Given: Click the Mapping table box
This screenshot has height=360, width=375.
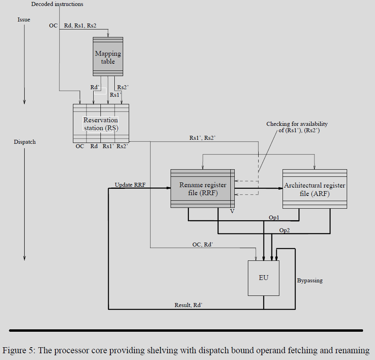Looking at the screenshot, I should [x=108, y=57].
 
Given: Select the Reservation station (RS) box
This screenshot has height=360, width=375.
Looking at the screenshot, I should [x=101, y=123].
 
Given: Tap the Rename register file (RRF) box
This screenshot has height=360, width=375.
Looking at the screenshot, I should [x=202, y=188].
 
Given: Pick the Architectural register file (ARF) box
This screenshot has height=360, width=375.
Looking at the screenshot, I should [x=314, y=189].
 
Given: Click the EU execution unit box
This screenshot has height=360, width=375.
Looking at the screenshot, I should [x=263, y=278].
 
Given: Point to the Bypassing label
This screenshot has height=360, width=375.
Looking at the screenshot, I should [x=310, y=280].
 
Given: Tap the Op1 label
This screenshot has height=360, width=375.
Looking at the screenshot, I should [x=274, y=217].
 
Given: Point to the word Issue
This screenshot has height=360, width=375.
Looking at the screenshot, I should [x=24, y=20].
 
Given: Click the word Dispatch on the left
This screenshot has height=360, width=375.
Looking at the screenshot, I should [x=25, y=142].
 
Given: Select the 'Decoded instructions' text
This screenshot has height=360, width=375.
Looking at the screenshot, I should [x=57, y=4].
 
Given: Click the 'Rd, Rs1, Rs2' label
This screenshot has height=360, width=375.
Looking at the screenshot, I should [x=80, y=25].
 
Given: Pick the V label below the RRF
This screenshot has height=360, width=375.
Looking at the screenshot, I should [x=232, y=211].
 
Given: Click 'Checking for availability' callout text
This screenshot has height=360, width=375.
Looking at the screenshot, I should [x=297, y=124].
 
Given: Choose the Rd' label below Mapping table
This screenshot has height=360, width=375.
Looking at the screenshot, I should [x=95, y=88].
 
